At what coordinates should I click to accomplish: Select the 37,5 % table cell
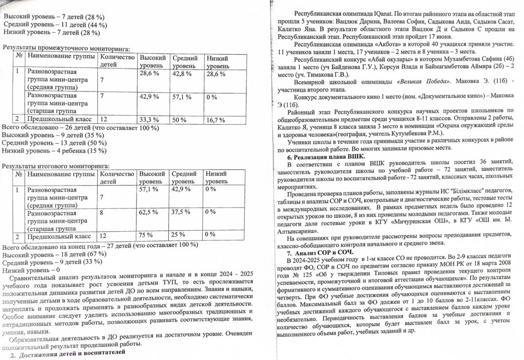pos(180,211)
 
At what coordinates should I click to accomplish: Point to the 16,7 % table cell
pos(215,120)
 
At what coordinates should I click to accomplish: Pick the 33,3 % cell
pos(148,120)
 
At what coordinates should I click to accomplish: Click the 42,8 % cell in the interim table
pos(181,74)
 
